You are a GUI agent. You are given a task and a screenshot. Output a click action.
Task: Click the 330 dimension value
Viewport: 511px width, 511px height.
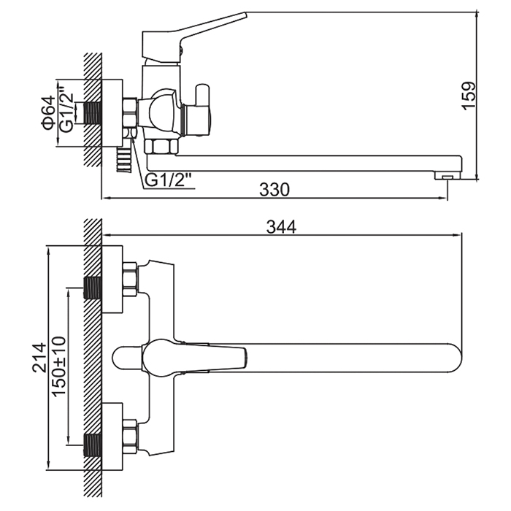pos(274,190)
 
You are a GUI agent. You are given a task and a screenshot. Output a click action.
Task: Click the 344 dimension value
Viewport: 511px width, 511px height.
pos(281,227)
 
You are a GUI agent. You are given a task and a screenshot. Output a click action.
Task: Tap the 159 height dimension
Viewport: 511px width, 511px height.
pos(469,96)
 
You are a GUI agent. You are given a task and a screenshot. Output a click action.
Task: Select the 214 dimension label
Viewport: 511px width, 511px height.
pos(39,357)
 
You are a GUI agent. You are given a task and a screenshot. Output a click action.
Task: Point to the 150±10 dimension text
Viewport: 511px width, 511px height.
pos(59,366)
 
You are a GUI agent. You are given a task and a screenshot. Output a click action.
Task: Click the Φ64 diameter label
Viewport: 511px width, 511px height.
pos(48,112)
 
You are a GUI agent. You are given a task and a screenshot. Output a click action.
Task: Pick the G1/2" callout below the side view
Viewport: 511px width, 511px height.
pos(168,180)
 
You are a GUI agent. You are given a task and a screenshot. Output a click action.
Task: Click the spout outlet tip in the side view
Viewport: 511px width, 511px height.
pos(447,176)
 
